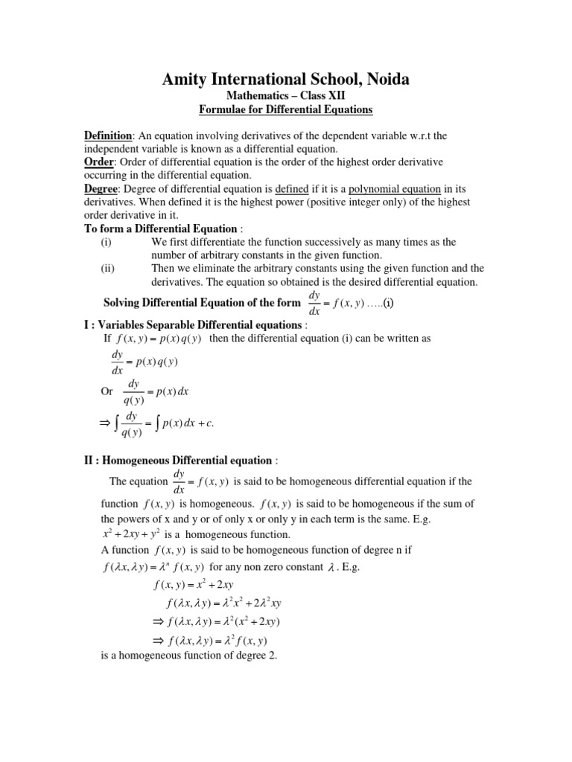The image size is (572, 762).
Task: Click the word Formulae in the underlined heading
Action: click(x=225, y=110)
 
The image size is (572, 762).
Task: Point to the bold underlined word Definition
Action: click(x=107, y=135)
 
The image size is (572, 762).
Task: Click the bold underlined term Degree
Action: click(x=101, y=189)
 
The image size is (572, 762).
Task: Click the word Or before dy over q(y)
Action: click(x=107, y=390)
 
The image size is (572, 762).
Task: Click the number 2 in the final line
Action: click(x=273, y=656)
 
